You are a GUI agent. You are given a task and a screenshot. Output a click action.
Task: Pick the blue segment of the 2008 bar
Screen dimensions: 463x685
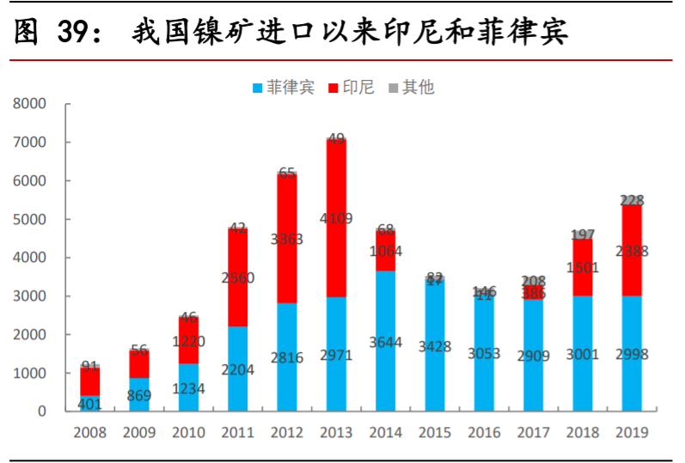pyautogui.click(x=89, y=404)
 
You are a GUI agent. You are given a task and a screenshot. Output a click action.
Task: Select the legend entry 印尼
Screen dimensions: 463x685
pyautogui.click(x=352, y=88)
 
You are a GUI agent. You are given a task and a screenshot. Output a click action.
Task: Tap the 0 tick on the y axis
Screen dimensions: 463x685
pyautogui.click(x=41, y=411)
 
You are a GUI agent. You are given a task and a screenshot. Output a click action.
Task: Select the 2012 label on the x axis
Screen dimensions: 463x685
pyautogui.click(x=286, y=433)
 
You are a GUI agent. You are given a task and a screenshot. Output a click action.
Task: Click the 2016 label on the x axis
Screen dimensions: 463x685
pyautogui.click(x=485, y=433)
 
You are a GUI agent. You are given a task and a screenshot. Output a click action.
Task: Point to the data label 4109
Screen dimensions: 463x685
pyautogui.click(x=336, y=218)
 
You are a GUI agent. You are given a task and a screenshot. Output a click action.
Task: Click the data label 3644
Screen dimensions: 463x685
pyautogui.click(x=386, y=342)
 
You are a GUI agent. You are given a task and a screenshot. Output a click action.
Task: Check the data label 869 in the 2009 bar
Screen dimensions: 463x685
pyautogui.click(x=138, y=396)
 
